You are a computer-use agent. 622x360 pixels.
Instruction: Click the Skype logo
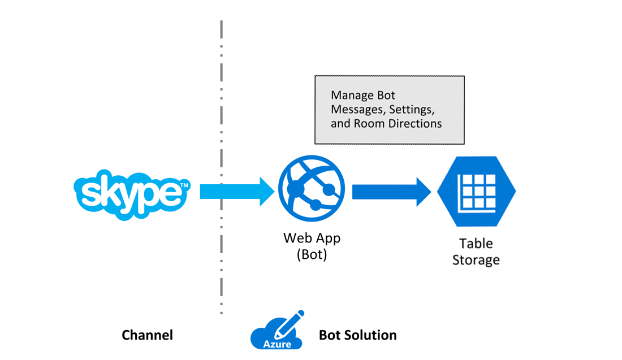pos(131,194)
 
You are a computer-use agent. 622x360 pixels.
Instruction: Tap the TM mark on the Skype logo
pos(184,185)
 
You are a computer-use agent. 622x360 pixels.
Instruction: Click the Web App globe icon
pos(312,189)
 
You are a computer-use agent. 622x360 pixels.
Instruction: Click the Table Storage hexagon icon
pos(476,192)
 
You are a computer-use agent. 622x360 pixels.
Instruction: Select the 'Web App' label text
pos(312,238)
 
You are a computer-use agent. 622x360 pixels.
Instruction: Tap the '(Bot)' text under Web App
pos(312,254)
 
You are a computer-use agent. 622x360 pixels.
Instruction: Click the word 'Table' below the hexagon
pos(476,244)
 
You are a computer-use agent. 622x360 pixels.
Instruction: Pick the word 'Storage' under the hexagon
pos(476,260)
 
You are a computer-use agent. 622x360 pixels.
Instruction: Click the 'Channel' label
pos(147,335)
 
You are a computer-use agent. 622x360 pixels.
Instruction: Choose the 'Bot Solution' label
pos(357,335)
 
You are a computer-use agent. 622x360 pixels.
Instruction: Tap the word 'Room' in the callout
pos(369,123)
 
